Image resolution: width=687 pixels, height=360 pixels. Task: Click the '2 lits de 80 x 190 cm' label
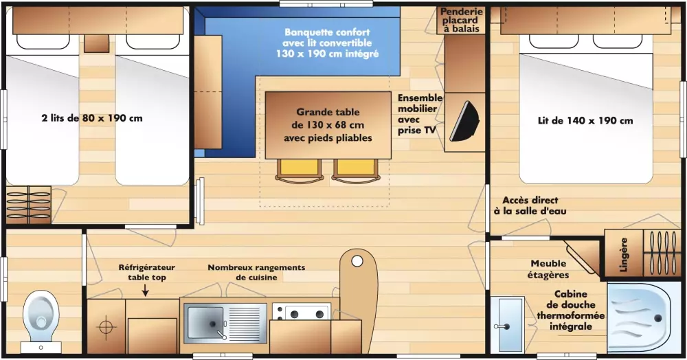(92, 118)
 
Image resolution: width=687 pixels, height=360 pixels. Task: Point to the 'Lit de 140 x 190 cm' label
(585, 121)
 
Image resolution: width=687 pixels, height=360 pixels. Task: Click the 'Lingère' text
(624, 255)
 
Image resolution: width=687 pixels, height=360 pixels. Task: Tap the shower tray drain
(657, 318)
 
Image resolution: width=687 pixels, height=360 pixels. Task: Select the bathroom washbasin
(510, 323)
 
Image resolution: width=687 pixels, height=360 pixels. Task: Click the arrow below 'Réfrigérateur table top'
(146, 291)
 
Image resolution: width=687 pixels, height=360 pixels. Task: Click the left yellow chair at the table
(300, 169)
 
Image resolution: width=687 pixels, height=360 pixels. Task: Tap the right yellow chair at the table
(356, 169)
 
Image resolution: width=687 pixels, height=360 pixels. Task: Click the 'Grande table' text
(328, 112)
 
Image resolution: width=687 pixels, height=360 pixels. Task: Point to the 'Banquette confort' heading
(327, 32)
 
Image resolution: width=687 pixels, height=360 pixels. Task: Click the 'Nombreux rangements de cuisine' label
(256, 273)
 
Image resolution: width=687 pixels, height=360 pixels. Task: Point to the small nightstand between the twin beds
(96, 43)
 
